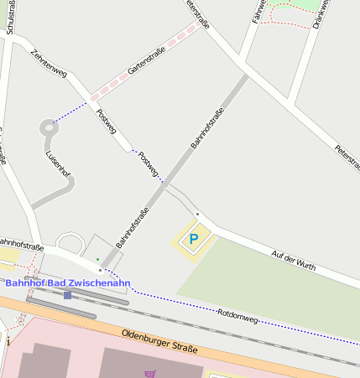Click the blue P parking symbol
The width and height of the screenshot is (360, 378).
(x=193, y=240)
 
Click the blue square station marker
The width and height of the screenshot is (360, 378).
(x=67, y=295)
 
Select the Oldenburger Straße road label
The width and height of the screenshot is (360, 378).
(x=159, y=341)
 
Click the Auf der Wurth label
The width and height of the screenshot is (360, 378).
(x=294, y=259)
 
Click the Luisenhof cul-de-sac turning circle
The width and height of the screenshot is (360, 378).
(x=45, y=129)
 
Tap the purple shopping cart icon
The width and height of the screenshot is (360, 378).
(x=149, y=374)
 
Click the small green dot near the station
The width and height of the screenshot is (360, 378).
(x=97, y=259)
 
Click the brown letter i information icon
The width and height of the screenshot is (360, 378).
(x=7, y=342)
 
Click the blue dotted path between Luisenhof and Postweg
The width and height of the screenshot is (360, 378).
(x=72, y=112)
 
